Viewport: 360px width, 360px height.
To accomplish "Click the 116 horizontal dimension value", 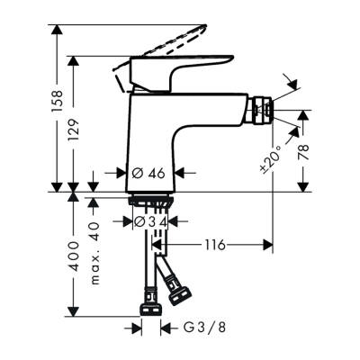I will pyautogui.click(x=213, y=244).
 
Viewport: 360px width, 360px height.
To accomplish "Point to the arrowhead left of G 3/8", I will pyautogui.click(x=137, y=328).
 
